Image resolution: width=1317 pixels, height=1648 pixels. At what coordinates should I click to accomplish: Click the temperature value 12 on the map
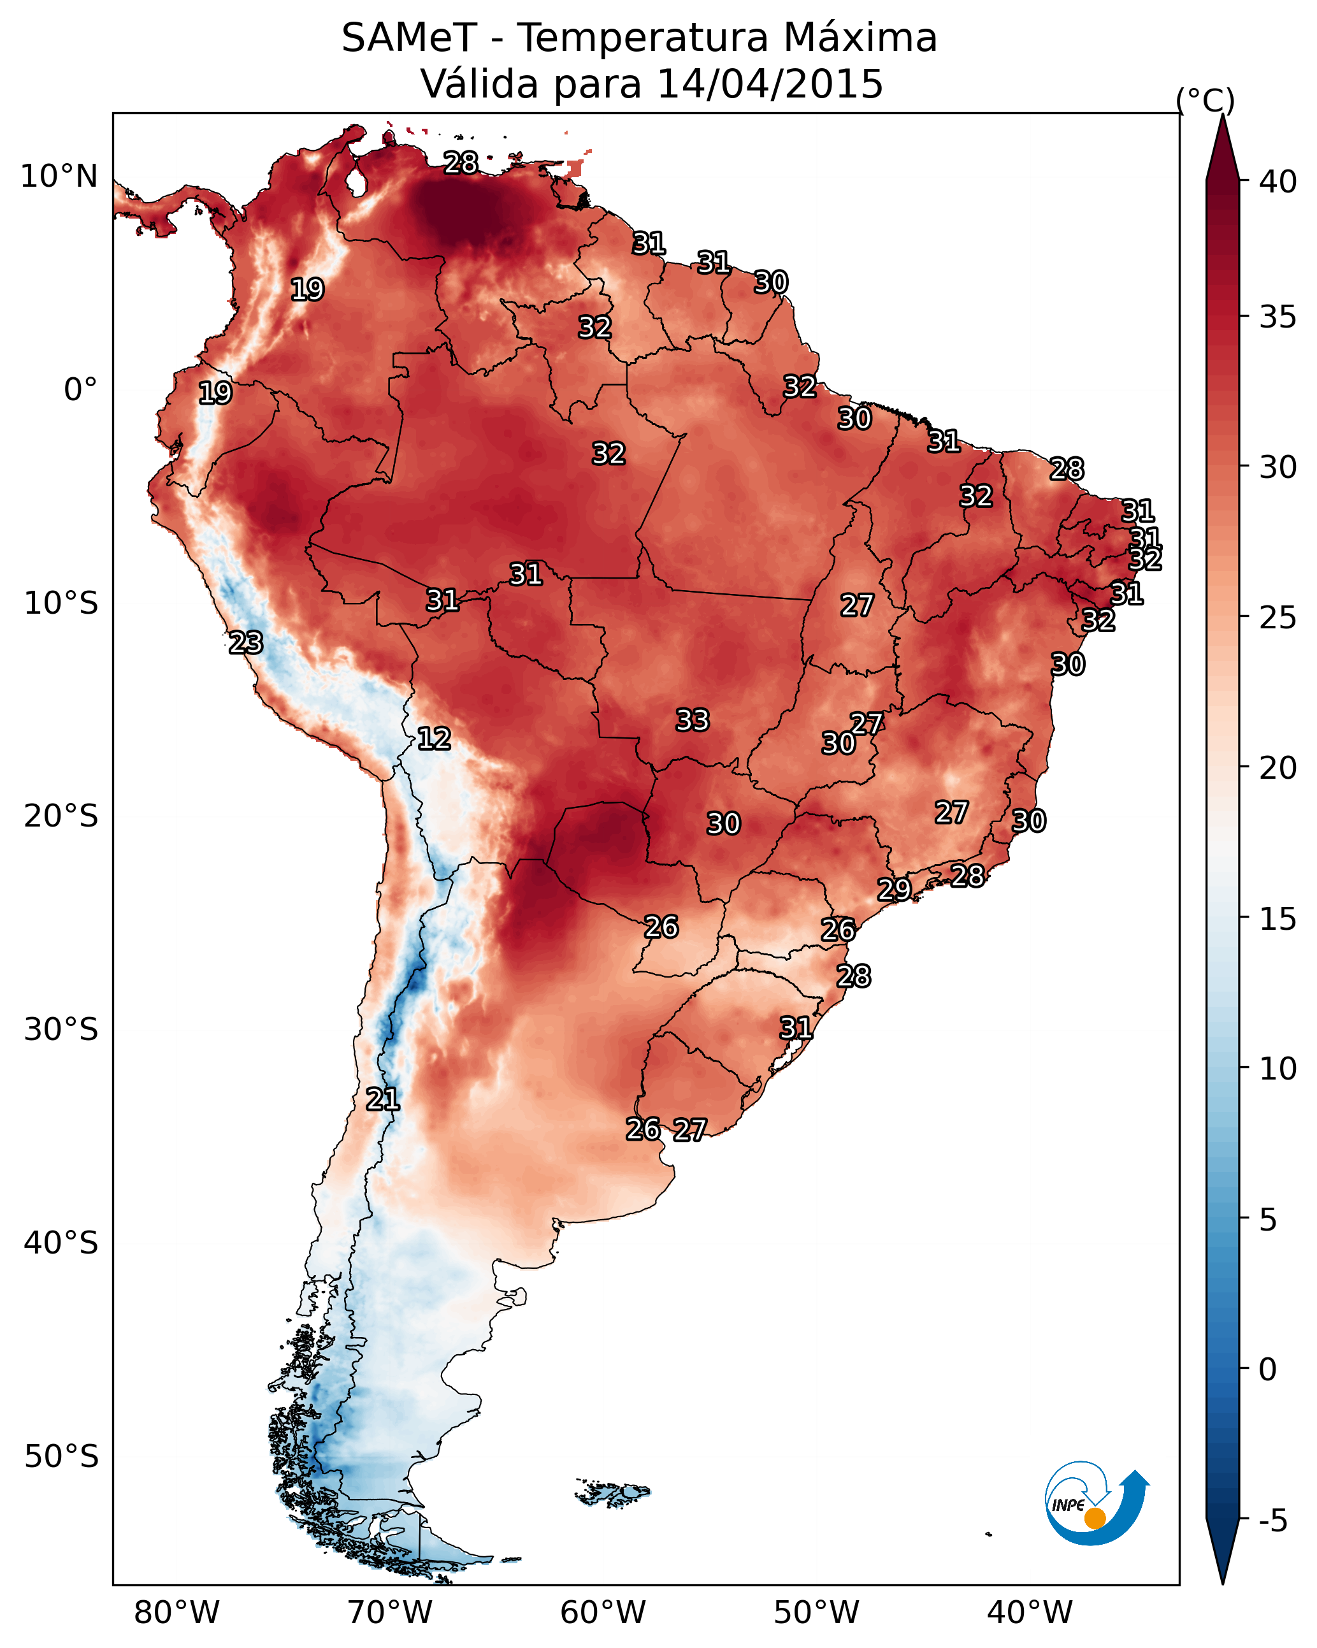click(x=433, y=739)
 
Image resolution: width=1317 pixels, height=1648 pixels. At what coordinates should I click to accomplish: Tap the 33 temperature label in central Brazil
click(x=693, y=720)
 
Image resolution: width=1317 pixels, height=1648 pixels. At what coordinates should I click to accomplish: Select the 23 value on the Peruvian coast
click(x=245, y=643)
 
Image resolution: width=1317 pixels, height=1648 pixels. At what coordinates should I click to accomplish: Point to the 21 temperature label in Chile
click(x=382, y=1099)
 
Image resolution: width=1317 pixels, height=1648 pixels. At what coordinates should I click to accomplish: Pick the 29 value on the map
click(x=893, y=889)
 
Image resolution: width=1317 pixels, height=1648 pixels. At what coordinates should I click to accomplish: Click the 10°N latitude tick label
click(x=59, y=177)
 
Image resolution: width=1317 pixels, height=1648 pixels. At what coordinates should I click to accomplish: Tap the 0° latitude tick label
click(x=80, y=390)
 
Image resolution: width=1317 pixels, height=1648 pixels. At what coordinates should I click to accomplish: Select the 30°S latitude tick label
click(x=61, y=1030)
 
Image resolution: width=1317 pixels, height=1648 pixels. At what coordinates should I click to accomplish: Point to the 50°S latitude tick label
click(x=61, y=1457)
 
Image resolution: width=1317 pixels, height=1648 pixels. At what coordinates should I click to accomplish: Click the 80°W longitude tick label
click(x=176, y=1613)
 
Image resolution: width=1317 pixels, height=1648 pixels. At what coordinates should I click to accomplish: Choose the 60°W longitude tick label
click(x=603, y=1613)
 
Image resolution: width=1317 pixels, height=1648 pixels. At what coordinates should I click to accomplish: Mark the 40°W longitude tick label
click(x=1030, y=1613)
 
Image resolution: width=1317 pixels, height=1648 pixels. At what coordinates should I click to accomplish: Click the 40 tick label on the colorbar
click(x=1278, y=182)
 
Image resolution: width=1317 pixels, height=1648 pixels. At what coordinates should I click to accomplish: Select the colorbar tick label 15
click(x=1278, y=919)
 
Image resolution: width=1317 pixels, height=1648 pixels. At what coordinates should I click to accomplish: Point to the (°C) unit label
click(x=1205, y=100)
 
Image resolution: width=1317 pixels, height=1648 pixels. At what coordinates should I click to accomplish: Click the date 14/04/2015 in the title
click(x=770, y=83)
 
